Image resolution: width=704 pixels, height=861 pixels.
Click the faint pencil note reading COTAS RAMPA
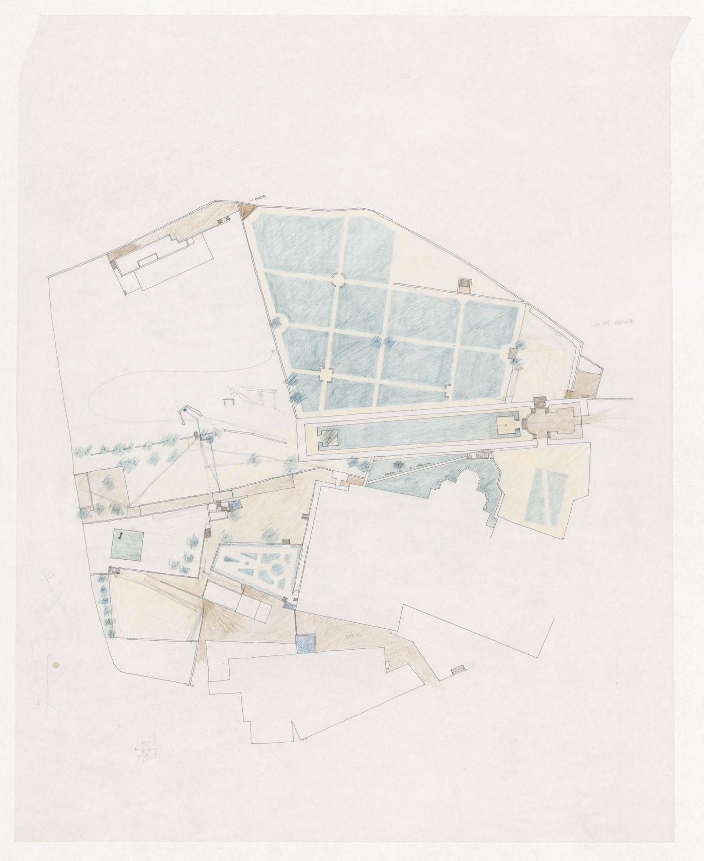click(x=610, y=325)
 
